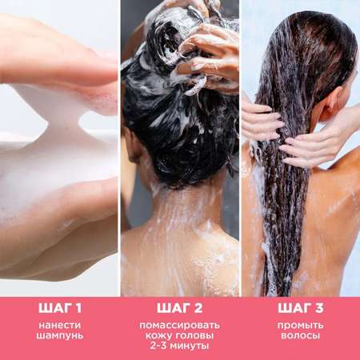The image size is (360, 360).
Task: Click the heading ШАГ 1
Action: point(60,308)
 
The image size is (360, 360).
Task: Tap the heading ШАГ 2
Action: point(180,308)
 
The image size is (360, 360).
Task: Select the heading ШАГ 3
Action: point(300,308)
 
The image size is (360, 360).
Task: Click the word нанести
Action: point(60,326)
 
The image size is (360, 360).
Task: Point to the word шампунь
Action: point(60,335)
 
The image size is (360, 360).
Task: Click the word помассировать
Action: point(180,326)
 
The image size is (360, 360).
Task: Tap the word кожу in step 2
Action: point(158,335)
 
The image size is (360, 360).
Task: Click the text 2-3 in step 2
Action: point(158,346)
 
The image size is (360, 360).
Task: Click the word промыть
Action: point(300,326)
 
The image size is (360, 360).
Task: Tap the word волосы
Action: point(300,335)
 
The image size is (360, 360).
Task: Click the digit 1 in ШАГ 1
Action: point(78,308)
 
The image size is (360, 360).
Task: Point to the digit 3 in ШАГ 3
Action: point(319,308)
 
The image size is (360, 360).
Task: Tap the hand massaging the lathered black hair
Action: point(206,58)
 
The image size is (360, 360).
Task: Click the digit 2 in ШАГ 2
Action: point(198,308)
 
